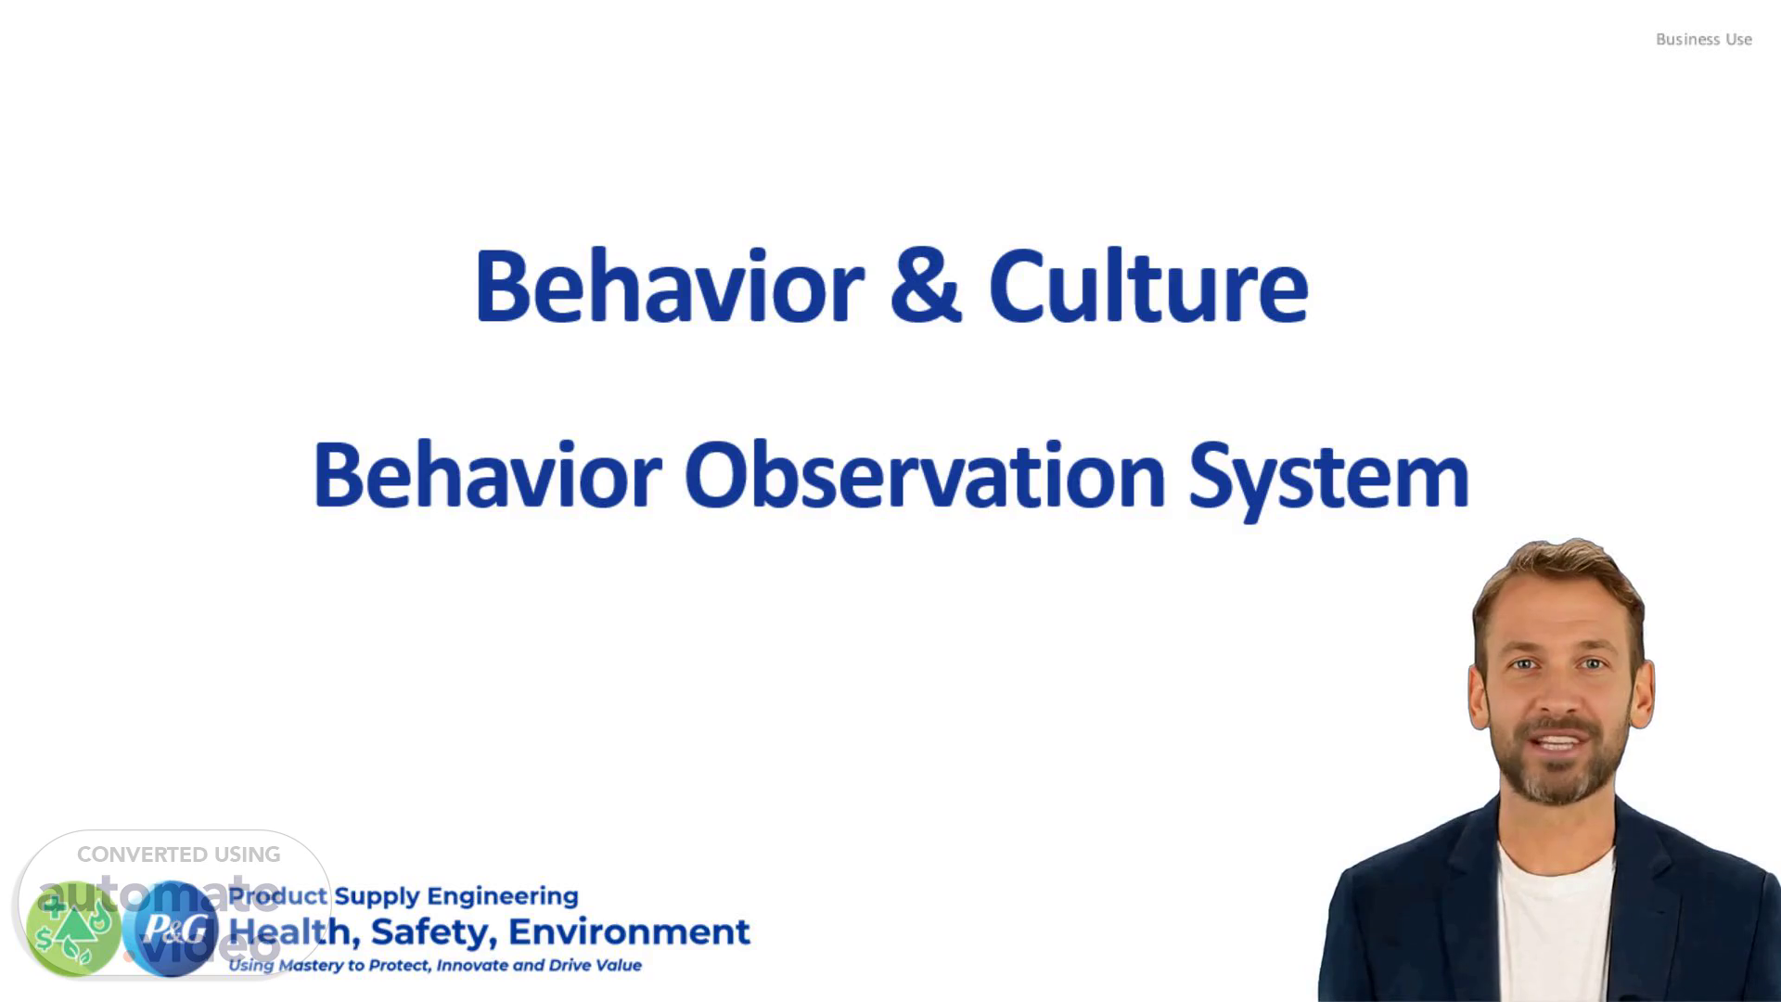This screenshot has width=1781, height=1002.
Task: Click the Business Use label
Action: [x=1703, y=39]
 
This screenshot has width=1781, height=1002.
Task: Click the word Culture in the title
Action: [x=1148, y=286]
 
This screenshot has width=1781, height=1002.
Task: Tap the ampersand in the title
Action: [x=925, y=286]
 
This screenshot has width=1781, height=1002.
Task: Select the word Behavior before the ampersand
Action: [x=669, y=286]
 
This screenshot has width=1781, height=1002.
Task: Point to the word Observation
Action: [x=925, y=475]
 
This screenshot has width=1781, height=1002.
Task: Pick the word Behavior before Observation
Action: [x=488, y=475]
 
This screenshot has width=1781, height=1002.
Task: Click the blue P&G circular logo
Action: [x=171, y=929]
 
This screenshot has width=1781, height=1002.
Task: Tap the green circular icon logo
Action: [x=73, y=929]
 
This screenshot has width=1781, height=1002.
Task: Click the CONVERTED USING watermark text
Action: [x=178, y=854]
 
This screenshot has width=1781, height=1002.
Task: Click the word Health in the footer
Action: [x=294, y=931]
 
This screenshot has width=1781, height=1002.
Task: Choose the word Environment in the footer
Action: [x=629, y=931]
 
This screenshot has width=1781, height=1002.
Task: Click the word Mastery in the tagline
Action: [x=311, y=966]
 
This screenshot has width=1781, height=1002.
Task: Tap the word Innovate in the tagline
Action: [x=471, y=965]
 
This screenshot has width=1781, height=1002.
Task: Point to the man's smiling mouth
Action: [x=1559, y=743]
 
